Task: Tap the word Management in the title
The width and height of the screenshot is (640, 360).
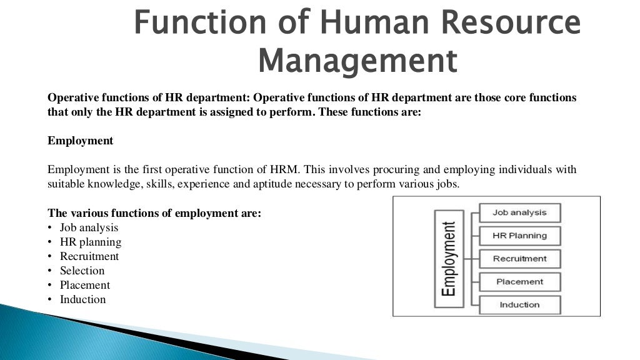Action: pyautogui.click(x=357, y=62)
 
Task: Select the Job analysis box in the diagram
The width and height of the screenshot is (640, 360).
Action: pyautogui.click(x=519, y=212)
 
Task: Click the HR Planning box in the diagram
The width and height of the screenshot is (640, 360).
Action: pyautogui.click(x=519, y=236)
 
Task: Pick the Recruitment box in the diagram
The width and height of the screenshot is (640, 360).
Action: pyautogui.click(x=519, y=259)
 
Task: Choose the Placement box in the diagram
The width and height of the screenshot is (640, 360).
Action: pyautogui.click(x=519, y=282)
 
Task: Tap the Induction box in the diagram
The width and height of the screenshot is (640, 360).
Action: pyautogui.click(x=519, y=305)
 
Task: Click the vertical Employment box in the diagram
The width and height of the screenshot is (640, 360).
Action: pyautogui.click(x=448, y=257)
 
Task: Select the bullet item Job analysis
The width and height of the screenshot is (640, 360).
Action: pyautogui.click(x=89, y=227)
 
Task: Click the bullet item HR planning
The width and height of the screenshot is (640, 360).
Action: pyautogui.click(x=91, y=242)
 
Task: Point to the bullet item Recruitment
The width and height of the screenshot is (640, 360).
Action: pyautogui.click(x=89, y=256)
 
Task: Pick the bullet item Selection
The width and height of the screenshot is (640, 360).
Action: pyautogui.click(x=82, y=271)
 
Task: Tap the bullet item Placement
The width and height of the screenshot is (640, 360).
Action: pyautogui.click(x=85, y=285)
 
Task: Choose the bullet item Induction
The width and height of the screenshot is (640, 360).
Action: pyautogui.click(x=83, y=299)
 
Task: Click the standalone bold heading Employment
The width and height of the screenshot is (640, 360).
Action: pyautogui.click(x=81, y=141)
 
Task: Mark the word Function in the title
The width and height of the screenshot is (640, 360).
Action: pyautogui.click(x=202, y=24)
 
